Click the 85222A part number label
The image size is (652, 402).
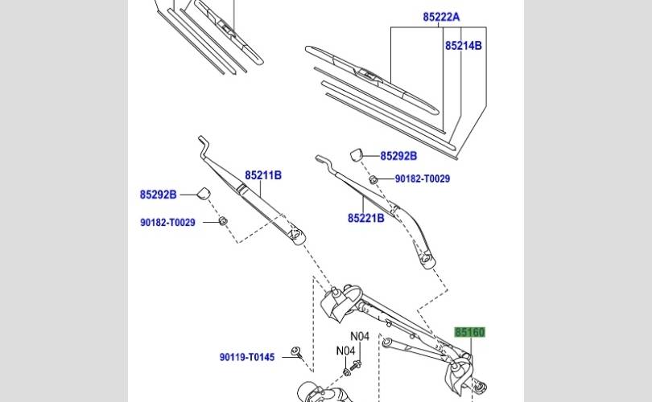(x=441, y=17)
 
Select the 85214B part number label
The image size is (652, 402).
(x=463, y=46)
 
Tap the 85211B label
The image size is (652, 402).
(x=263, y=174)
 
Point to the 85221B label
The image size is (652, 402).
(x=365, y=218)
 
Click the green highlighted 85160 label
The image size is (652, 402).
(x=470, y=331)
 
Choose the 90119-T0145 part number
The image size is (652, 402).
(x=247, y=357)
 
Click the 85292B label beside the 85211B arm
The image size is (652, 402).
(x=158, y=194)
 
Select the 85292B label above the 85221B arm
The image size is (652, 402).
(x=398, y=156)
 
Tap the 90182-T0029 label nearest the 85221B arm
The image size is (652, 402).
(x=422, y=179)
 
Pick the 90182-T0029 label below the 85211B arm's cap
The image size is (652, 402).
(x=166, y=223)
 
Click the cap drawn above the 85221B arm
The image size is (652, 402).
(x=358, y=154)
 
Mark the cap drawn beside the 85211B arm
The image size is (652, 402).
(x=204, y=192)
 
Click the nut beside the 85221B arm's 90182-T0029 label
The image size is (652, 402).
(x=373, y=178)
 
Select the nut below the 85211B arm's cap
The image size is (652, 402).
(x=224, y=220)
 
